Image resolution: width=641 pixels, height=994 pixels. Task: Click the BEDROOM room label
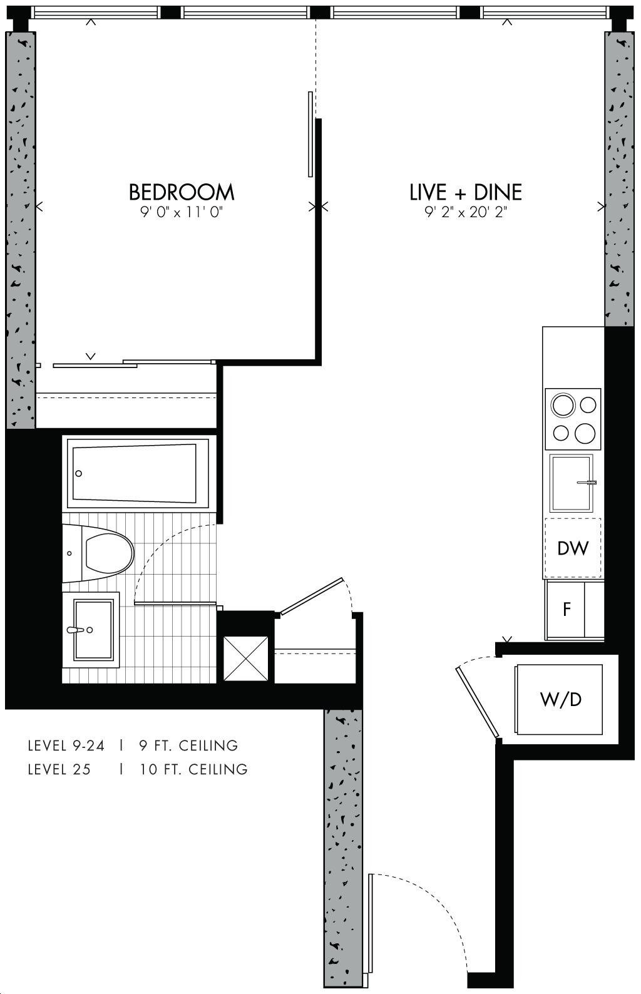tap(182, 192)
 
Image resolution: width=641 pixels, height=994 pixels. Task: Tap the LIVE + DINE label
tap(466, 192)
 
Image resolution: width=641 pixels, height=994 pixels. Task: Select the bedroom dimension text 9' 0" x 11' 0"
tap(181, 213)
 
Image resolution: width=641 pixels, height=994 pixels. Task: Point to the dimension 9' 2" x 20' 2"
tap(466, 213)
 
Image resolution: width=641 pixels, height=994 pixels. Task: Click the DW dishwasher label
tap(573, 549)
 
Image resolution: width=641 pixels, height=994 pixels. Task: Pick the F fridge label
tap(567, 610)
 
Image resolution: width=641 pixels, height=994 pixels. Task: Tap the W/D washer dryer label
tap(561, 700)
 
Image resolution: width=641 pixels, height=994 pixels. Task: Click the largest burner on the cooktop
tap(563, 405)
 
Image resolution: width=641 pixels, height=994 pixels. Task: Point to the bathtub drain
tap(79, 473)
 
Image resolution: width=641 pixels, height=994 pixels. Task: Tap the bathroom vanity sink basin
tap(93, 630)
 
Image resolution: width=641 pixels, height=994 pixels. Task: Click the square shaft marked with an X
tap(245, 658)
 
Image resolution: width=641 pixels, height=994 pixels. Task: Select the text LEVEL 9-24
tap(66, 745)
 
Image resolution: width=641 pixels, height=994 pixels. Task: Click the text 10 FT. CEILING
tap(193, 769)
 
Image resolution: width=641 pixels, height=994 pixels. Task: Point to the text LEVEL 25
tap(59, 769)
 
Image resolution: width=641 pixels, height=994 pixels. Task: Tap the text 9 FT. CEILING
tap(188, 745)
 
